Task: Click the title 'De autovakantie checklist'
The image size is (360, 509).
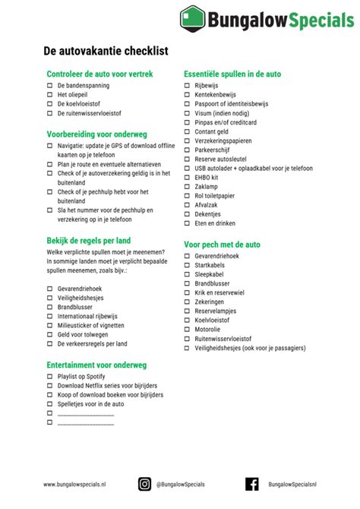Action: tap(106, 52)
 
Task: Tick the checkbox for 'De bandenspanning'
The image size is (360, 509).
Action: tap(49, 87)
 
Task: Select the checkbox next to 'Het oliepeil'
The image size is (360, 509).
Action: tap(49, 96)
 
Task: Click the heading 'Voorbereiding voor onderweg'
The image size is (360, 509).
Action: tap(96, 133)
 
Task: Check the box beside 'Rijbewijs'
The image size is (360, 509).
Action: tap(187, 86)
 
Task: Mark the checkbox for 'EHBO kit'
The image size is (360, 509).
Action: tap(187, 177)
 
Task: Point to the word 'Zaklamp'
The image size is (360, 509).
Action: tap(206, 186)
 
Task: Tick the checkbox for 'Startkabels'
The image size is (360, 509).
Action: tap(187, 266)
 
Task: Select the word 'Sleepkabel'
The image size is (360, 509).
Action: tap(210, 275)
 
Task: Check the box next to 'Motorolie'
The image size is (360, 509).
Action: tap(187, 330)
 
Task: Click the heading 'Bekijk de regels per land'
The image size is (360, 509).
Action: tap(89, 241)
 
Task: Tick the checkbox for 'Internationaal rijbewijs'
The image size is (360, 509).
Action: tap(49, 315)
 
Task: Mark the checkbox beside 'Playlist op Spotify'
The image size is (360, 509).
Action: tap(49, 377)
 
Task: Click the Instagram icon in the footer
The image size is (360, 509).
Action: tap(144, 484)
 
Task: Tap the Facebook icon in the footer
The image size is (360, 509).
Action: tap(252, 484)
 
